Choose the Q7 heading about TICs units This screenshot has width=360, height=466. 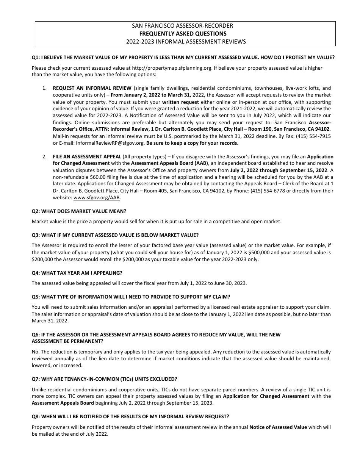[x=105, y=379]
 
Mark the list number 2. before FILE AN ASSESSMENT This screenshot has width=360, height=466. [x=44, y=156]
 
